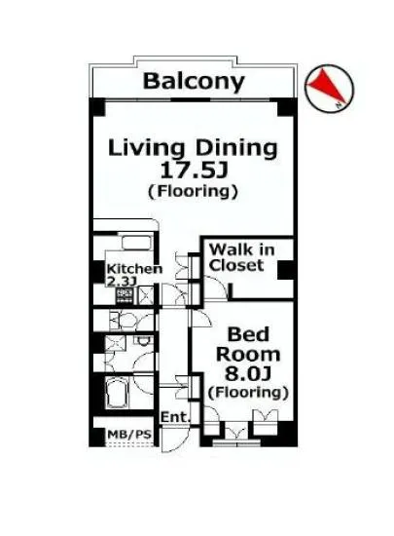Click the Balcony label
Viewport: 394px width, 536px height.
tap(194, 82)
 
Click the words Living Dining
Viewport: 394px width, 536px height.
tap(193, 148)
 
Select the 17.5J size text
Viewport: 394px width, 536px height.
tap(194, 171)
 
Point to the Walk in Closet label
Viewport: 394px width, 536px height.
tap(242, 257)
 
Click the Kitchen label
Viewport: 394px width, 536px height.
tap(134, 269)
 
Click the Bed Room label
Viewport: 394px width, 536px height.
tap(248, 345)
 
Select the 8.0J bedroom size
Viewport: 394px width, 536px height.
tap(248, 373)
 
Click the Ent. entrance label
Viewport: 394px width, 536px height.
tap(175, 417)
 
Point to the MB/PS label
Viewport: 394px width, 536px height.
tap(129, 435)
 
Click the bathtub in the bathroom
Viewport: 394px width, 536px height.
tap(118, 393)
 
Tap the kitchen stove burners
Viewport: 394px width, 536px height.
tap(125, 296)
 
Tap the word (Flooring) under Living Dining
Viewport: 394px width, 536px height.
tap(193, 191)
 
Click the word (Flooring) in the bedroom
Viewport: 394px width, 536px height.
tap(248, 392)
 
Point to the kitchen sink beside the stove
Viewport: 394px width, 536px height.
tap(146, 296)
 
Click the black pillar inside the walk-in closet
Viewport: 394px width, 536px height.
tap(285, 270)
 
